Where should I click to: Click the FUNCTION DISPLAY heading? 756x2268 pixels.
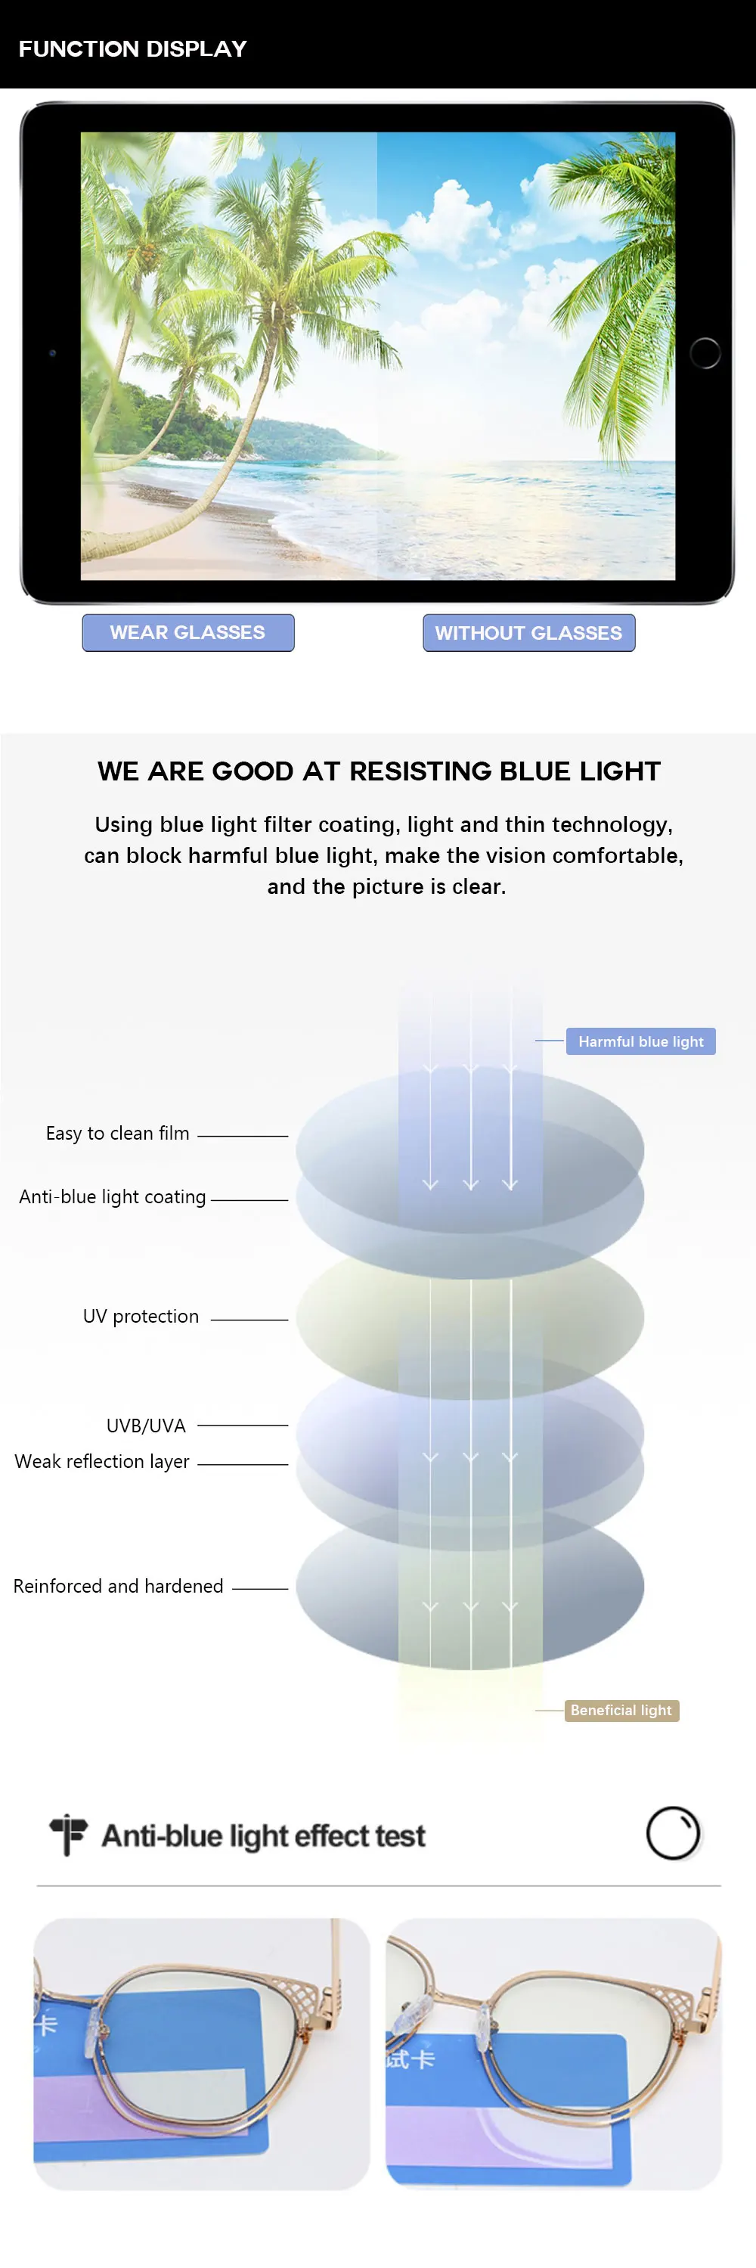pos(133,48)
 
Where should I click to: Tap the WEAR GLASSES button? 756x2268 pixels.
pos(188,632)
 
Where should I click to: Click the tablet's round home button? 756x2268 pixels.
pos(705,352)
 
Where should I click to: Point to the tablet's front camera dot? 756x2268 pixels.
pos(53,353)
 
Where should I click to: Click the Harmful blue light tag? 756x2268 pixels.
pos(640,1041)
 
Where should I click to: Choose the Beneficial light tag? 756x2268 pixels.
pos(621,1710)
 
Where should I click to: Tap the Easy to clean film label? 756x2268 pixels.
pos(117,1133)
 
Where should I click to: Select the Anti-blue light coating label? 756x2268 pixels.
pos(113,1196)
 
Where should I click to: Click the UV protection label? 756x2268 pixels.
pos(141,1316)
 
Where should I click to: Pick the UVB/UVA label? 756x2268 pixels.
pos(146,1426)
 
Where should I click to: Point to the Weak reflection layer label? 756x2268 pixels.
pos(102,1462)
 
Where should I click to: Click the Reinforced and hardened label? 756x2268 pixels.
pos(118,1586)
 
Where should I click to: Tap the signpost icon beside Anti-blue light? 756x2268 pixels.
pos(68,1835)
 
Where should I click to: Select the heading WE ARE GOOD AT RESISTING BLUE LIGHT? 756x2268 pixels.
pos(379,771)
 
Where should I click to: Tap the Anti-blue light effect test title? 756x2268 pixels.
pos(263,1835)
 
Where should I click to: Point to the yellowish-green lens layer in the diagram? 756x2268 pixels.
pos(470,1316)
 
